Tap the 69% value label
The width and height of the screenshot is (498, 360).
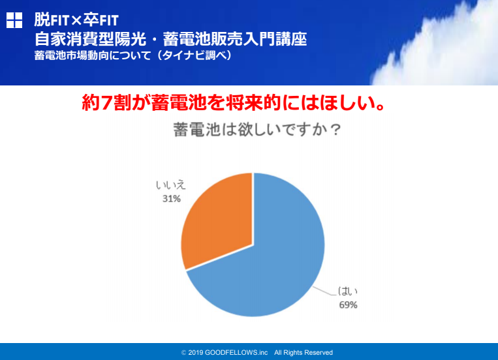point(348,305)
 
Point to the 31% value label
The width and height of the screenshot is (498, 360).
point(172,199)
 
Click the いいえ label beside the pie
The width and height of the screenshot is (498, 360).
point(170,185)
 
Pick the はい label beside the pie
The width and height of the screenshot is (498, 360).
point(347,291)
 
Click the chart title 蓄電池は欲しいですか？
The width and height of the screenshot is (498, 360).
point(257,130)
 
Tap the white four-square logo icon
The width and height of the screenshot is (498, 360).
point(14,20)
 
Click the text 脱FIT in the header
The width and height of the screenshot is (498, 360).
point(52,20)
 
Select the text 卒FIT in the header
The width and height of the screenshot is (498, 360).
point(101,20)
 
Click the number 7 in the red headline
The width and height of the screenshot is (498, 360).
point(106,102)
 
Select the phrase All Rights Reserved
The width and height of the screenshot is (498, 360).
point(303,353)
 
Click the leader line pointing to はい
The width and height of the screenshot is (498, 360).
point(324,292)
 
